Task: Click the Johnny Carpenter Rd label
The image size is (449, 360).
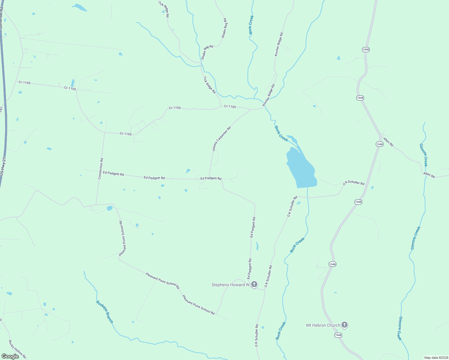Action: [221, 139]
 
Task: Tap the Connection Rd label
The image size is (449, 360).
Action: [101, 169]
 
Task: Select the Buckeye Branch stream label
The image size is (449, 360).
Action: [105, 312]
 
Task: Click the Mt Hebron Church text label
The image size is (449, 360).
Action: [323, 325]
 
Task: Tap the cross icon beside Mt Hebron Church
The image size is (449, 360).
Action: [345, 325]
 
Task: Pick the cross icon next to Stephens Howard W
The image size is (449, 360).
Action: [254, 284]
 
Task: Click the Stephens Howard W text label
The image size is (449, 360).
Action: [231, 285]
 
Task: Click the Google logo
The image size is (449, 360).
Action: [10, 356]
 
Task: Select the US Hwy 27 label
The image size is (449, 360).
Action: [3, 166]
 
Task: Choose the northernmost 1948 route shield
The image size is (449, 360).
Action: [366, 49]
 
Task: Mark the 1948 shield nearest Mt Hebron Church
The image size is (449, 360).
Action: [338, 335]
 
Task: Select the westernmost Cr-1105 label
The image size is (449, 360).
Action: [25, 82]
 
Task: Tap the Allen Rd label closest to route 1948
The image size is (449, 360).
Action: [388, 142]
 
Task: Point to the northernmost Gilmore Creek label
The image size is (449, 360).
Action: [423, 155]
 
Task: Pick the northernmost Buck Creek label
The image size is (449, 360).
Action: [251, 25]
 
